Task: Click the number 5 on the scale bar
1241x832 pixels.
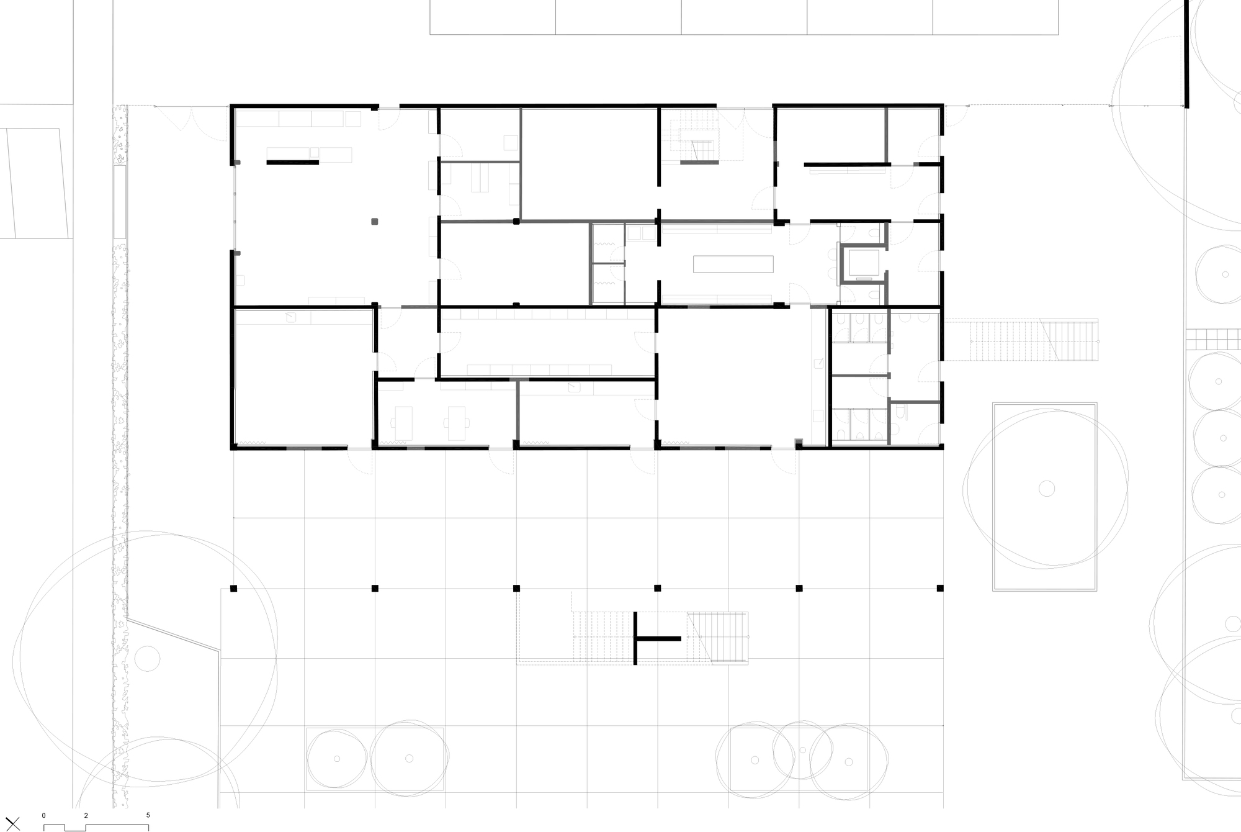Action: point(148,815)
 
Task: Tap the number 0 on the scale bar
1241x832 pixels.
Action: point(43,815)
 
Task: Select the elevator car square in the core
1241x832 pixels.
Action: point(861,264)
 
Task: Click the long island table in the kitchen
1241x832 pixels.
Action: point(733,265)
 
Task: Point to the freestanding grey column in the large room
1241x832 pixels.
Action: point(374,221)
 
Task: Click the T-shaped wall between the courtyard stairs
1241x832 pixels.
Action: point(645,638)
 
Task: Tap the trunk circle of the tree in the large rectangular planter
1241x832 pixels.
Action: point(1046,489)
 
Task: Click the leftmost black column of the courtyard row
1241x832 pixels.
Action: point(234,588)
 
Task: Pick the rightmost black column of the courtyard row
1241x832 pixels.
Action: point(940,588)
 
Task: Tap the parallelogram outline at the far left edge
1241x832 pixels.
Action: point(34,183)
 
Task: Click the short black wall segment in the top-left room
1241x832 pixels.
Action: point(292,163)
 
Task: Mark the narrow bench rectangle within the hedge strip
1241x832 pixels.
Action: point(120,201)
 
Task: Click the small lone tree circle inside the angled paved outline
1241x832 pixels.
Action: point(147,658)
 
